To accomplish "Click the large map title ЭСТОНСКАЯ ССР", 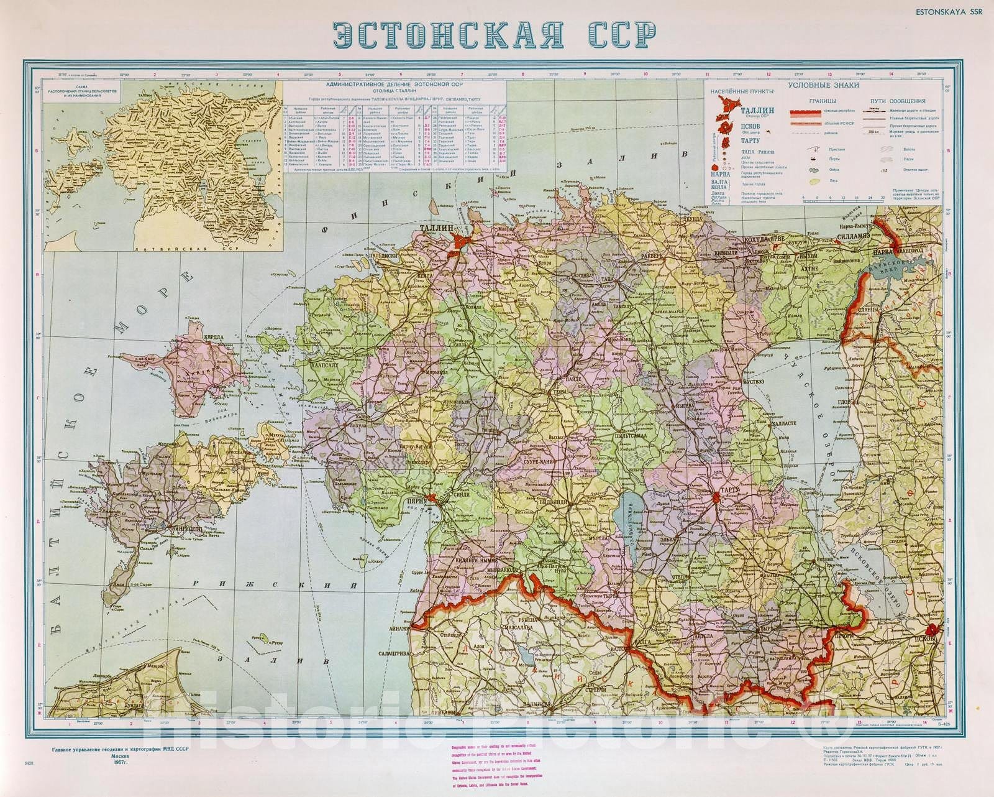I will coord(494,36).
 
